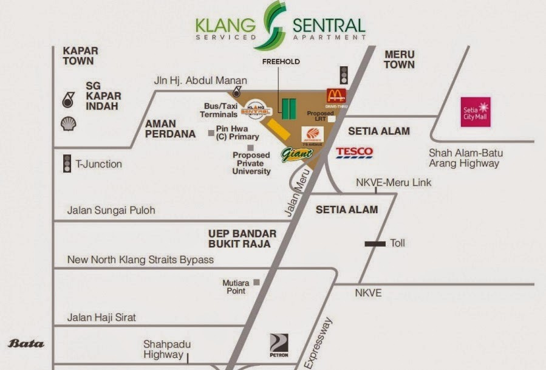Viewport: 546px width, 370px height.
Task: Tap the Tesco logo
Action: pyautogui.click(x=354, y=152)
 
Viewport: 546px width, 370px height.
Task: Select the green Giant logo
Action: pyautogui.click(x=297, y=155)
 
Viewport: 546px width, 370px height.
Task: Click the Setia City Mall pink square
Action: pyautogui.click(x=476, y=112)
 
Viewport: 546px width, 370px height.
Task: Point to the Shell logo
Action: pyautogui.click(x=69, y=125)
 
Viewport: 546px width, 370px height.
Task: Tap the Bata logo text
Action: pyautogui.click(x=26, y=344)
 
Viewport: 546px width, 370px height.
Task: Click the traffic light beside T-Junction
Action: pyautogui.click(x=67, y=163)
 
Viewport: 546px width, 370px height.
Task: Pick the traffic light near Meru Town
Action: pyautogui.click(x=344, y=74)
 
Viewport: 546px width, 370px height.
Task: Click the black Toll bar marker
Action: pyautogui.click(x=375, y=244)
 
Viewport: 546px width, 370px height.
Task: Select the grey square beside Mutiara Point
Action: pyautogui.click(x=257, y=282)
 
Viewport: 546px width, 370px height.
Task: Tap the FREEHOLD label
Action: pyautogui.click(x=281, y=62)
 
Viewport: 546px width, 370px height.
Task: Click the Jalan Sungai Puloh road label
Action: pyautogui.click(x=111, y=211)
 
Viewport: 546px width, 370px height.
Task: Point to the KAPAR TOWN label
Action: pyautogui.click(x=80, y=57)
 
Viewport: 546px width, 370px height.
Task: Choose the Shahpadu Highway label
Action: pyautogui.click(x=163, y=349)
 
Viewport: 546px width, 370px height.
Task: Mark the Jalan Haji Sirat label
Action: pyautogui.click(x=101, y=317)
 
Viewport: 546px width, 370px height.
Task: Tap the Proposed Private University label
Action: pyautogui.click(x=251, y=163)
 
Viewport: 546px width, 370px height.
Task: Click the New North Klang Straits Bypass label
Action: pyautogui.click(x=140, y=259)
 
